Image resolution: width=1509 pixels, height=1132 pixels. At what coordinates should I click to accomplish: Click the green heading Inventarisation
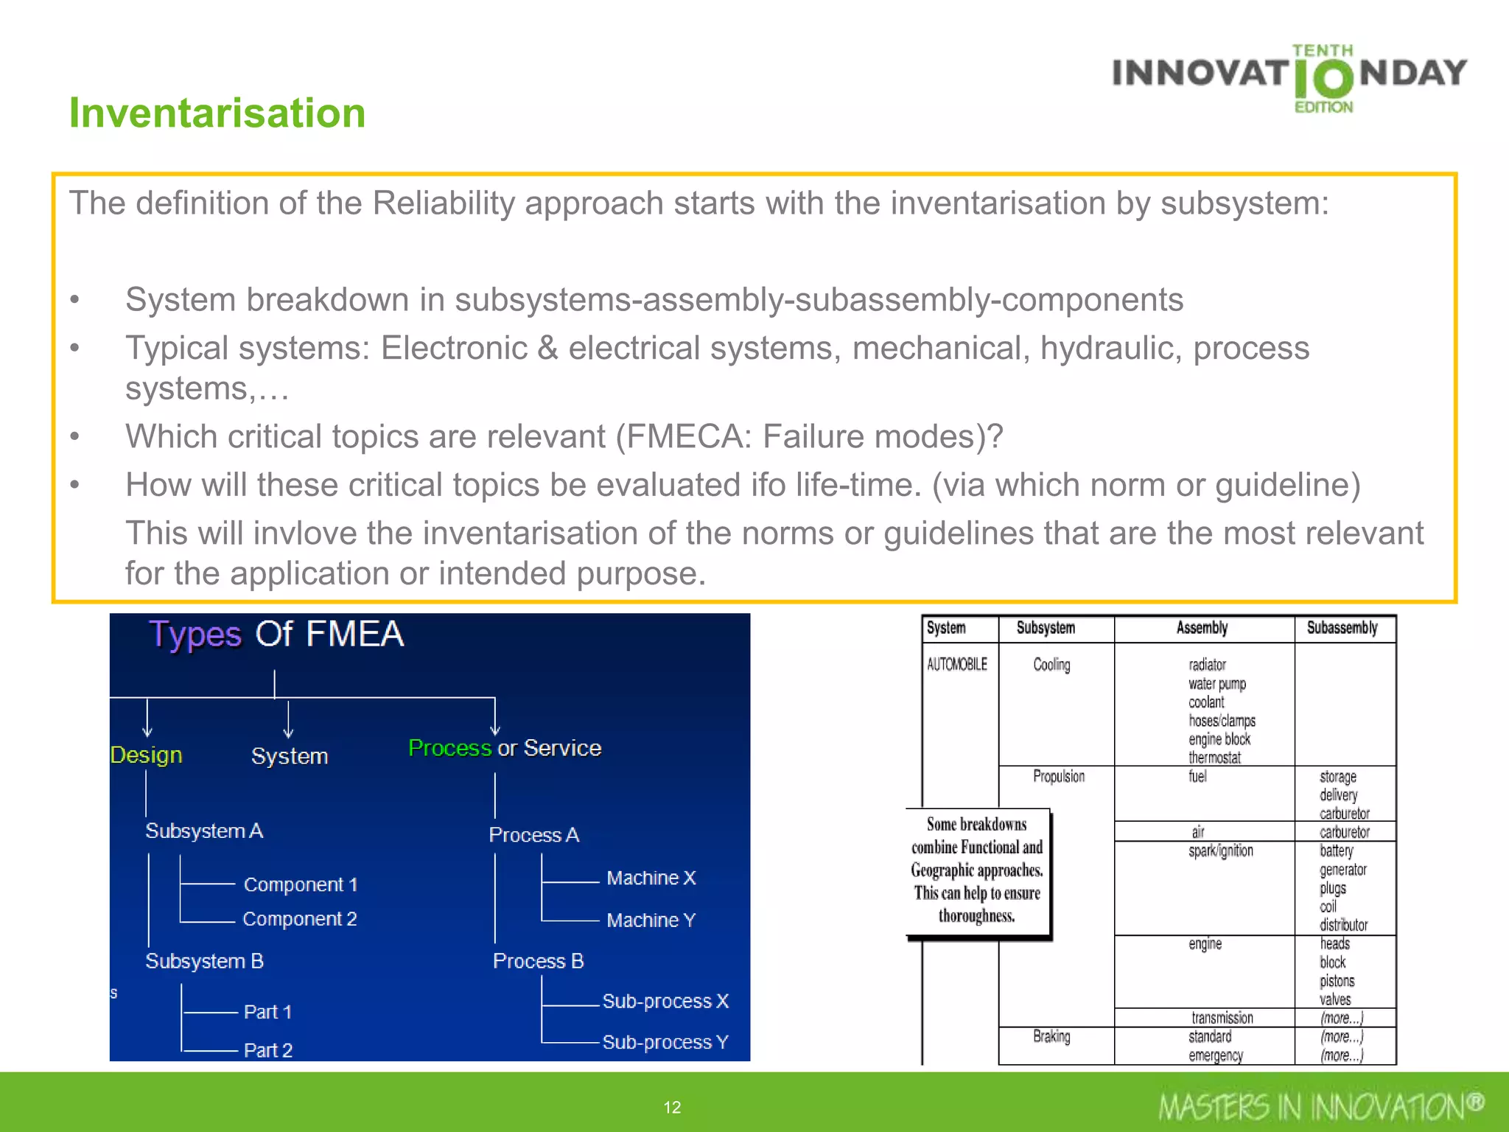pyautogui.click(x=217, y=113)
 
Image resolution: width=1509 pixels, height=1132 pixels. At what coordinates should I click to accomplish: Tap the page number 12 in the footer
pyautogui.click(x=672, y=1107)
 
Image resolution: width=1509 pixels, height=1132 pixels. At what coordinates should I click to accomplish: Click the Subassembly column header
pyautogui.click(x=1342, y=628)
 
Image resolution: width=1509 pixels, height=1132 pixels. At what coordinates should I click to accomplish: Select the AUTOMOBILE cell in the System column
pyautogui.click(x=956, y=665)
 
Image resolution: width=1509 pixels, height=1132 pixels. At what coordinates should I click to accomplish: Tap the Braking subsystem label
pyautogui.click(x=1051, y=1036)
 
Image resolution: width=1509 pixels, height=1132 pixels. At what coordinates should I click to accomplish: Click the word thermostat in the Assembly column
pyautogui.click(x=1214, y=758)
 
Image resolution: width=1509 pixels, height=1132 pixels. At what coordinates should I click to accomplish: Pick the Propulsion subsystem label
pyautogui.click(x=1058, y=776)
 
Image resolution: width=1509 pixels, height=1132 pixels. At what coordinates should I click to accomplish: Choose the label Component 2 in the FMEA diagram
pyautogui.click(x=300, y=919)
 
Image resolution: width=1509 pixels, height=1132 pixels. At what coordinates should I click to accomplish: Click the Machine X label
pyautogui.click(x=651, y=878)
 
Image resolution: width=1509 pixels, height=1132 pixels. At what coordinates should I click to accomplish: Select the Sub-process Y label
pyautogui.click(x=665, y=1042)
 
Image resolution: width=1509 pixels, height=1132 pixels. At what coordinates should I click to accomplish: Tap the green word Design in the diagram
pyautogui.click(x=146, y=755)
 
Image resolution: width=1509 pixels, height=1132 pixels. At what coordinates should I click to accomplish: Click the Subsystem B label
pyautogui.click(x=204, y=961)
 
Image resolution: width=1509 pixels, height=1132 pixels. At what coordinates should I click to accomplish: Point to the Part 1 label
pyautogui.click(x=267, y=1012)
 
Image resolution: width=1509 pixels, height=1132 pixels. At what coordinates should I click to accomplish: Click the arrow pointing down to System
pyautogui.click(x=288, y=721)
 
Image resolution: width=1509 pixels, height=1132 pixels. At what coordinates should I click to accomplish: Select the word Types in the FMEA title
pyautogui.click(x=195, y=635)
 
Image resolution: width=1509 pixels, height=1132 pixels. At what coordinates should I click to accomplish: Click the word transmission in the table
pyautogui.click(x=1222, y=1018)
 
